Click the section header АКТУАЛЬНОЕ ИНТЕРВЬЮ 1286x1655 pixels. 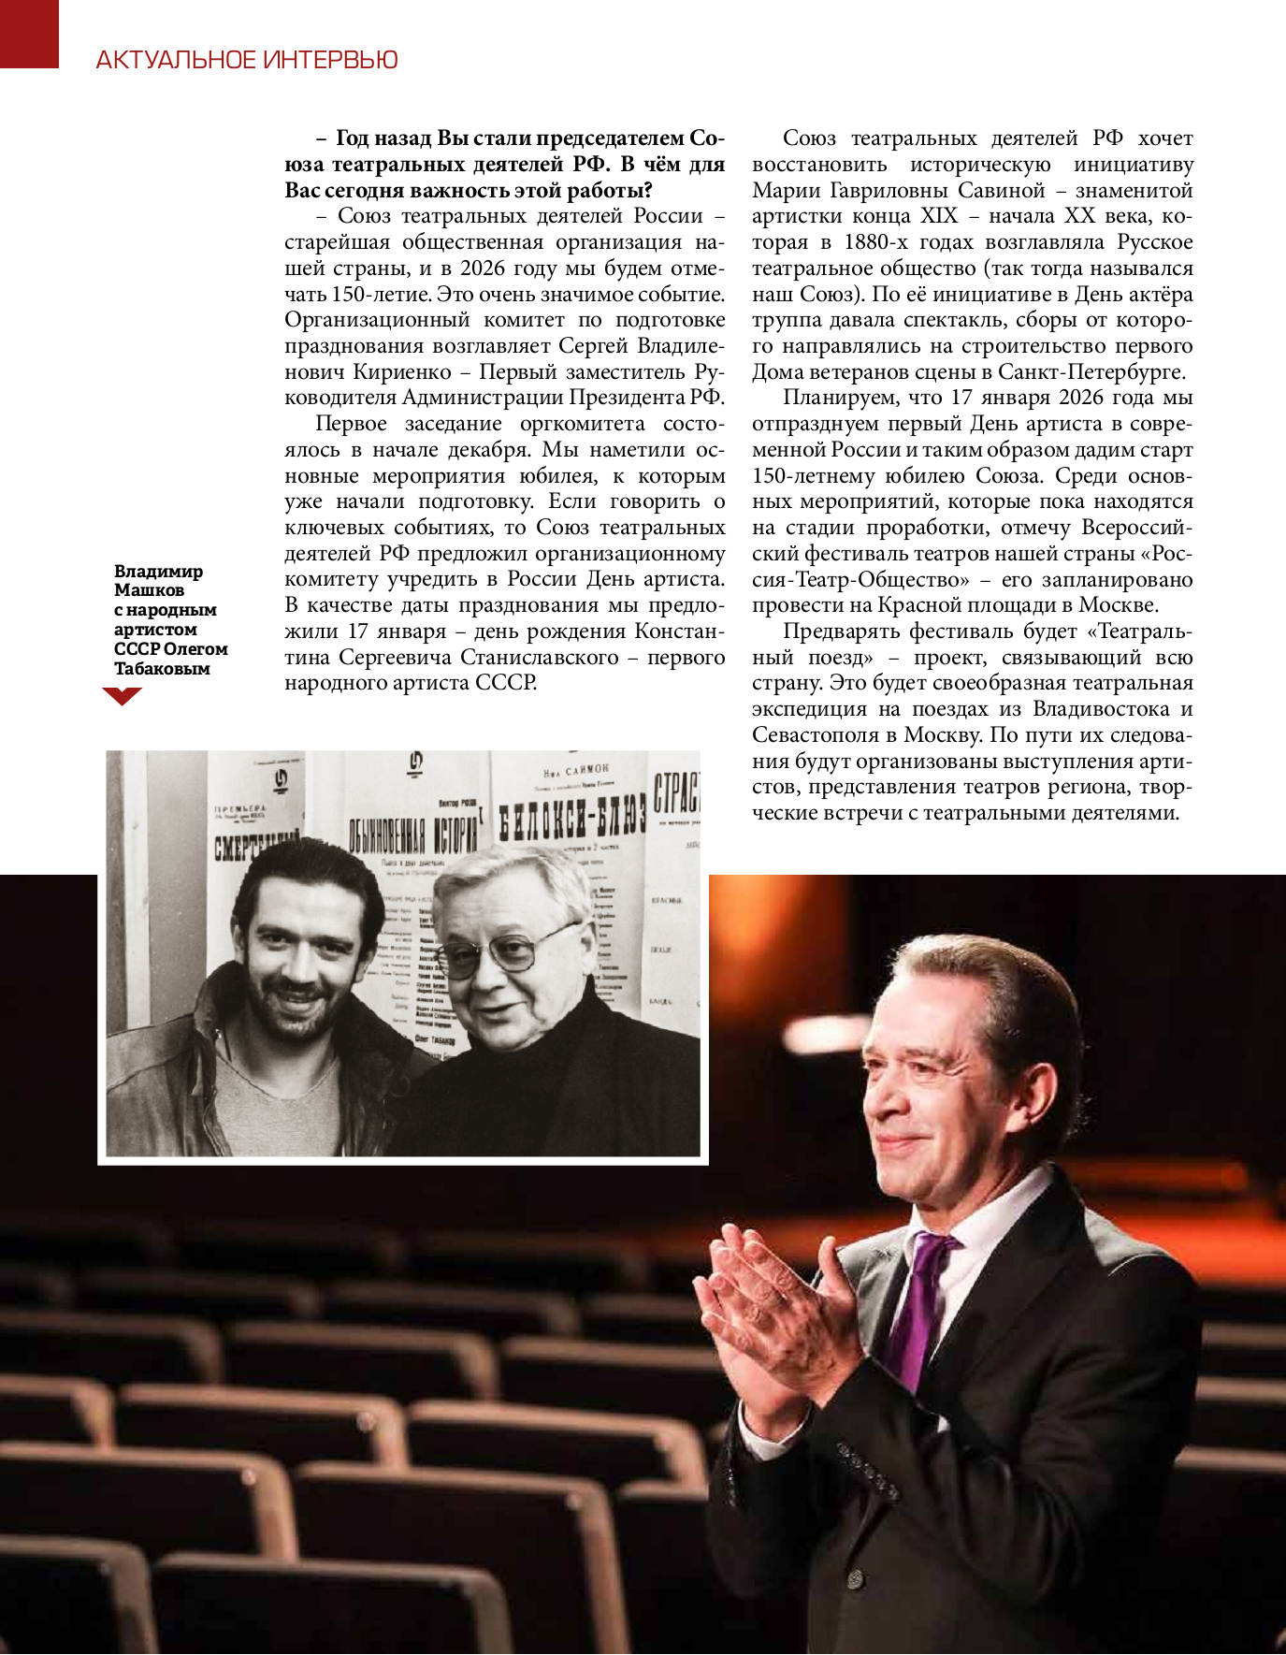click(247, 60)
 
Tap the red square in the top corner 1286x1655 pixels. click(29, 33)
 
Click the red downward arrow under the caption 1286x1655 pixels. click(122, 695)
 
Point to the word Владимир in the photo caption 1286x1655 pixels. click(158, 571)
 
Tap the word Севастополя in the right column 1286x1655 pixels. click(815, 734)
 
